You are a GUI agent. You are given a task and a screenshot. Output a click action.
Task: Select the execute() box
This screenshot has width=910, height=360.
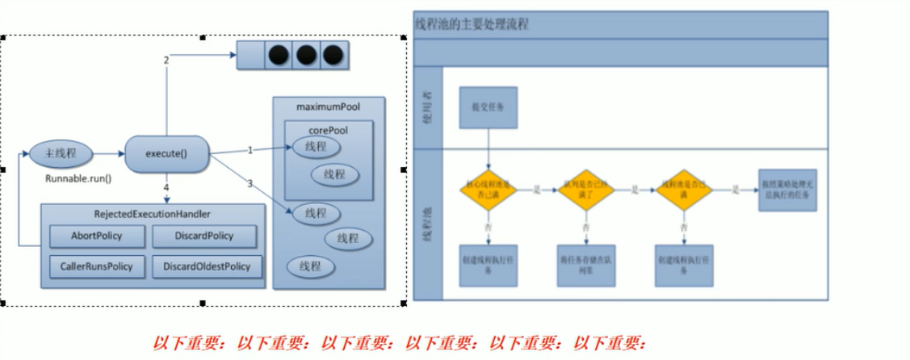[x=167, y=153]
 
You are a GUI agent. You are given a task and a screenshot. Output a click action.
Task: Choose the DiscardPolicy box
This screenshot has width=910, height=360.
[x=203, y=236]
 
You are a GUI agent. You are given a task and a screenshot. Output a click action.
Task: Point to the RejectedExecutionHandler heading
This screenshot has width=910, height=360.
[x=153, y=214]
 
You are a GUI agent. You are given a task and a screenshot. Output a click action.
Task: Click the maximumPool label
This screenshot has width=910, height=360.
[x=328, y=107]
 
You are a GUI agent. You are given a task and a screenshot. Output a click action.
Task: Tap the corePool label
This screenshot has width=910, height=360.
[x=327, y=129]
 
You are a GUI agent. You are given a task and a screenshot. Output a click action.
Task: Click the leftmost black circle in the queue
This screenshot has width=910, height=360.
[x=279, y=56]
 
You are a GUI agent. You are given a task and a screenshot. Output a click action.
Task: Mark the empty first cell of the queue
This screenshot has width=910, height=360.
[x=251, y=56]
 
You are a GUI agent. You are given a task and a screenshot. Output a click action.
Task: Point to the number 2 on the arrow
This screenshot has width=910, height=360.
[x=166, y=60]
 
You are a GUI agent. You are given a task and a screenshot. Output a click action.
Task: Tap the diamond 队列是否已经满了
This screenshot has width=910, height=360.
[x=584, y=190]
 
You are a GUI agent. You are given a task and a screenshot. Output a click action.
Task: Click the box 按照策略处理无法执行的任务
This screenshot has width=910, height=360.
[x=787, y=190]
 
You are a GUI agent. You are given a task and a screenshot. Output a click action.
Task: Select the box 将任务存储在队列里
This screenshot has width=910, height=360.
[x=584, y=266]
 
